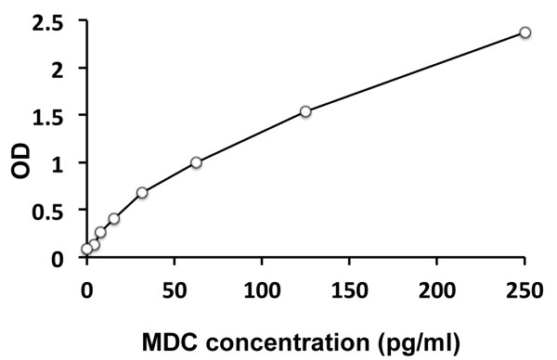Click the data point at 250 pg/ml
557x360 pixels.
525,32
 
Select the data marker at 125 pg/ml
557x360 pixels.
305,111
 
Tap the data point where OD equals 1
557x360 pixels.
196,162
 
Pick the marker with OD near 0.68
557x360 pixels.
142,193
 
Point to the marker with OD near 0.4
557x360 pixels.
114,219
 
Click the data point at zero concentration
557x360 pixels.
87,249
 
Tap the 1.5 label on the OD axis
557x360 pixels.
55,116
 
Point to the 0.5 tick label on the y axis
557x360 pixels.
55,211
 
